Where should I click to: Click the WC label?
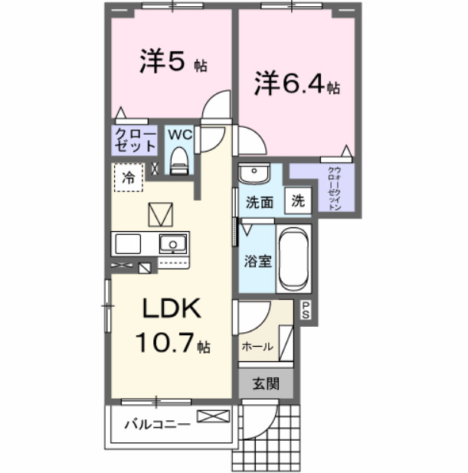click(179, 135)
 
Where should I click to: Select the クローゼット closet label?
click(135, 141)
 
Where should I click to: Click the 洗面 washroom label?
click(260, 204)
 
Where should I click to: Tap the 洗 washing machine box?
click(298, 201)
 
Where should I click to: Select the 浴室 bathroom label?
click(258, 261)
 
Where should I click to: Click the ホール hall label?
click(257, 346)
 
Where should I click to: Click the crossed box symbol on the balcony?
click(212, 417)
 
